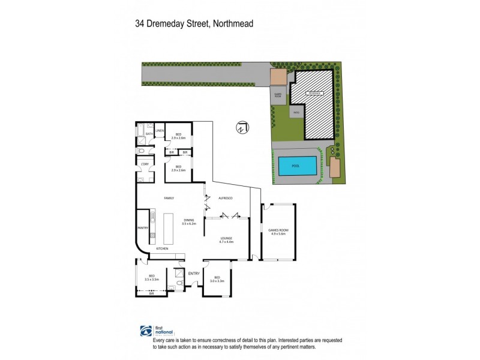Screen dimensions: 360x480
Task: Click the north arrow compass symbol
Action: pos(241,128)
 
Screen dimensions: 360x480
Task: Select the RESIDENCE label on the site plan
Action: pos(313,94)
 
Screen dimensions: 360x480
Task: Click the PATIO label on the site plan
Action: pos(296,112)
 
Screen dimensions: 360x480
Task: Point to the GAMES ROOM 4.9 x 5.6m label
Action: pos(278,232)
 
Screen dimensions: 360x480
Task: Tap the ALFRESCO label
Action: pos(225,197)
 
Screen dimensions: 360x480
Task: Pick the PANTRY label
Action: pos(143,228)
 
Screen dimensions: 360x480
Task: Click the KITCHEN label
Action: pos(162,248)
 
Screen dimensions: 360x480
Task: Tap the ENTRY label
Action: pos(194,274)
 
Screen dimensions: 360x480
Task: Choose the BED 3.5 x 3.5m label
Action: pos(151,278)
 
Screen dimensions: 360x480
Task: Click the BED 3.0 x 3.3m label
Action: pos(217,279)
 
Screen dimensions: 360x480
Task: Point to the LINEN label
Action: pos(160,130)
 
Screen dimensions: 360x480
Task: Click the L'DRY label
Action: pos(145,164)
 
